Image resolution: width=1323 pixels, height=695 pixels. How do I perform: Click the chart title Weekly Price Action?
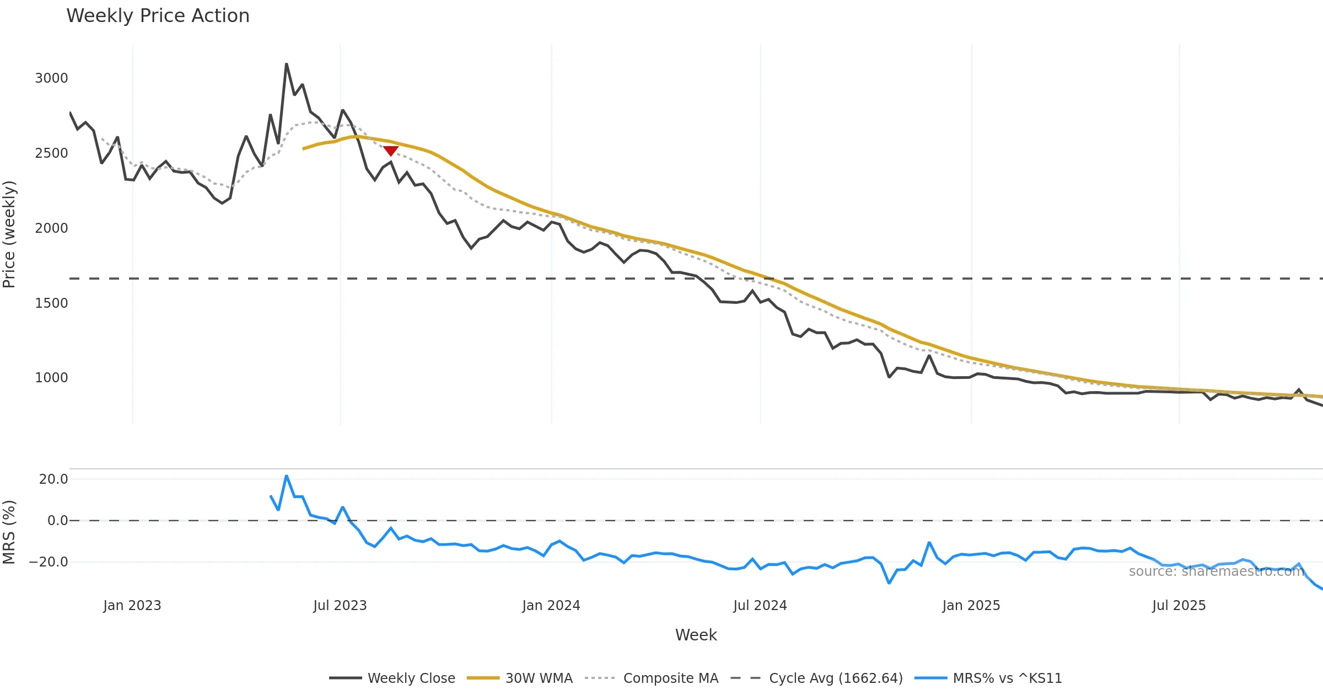[158, 16]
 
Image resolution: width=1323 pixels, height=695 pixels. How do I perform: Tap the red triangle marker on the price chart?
[391, 151]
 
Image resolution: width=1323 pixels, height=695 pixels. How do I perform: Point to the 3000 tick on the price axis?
[51, 78]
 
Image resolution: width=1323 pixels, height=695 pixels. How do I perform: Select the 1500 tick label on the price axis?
[51, 303]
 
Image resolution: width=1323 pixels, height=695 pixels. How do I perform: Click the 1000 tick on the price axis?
[51, 378]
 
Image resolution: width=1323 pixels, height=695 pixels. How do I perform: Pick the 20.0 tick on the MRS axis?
[53, 479]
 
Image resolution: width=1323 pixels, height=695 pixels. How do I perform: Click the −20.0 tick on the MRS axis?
[49, 562]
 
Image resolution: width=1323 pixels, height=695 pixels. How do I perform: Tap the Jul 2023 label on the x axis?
[340, 606]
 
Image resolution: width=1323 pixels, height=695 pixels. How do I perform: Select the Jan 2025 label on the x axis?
[971, 606]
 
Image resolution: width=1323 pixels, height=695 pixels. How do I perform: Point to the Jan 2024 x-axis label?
[551, 606]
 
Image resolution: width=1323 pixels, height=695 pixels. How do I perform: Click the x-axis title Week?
[696, 635]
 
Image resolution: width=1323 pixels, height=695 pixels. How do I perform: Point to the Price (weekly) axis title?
[9, 234]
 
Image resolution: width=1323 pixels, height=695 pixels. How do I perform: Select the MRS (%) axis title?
[9, 532]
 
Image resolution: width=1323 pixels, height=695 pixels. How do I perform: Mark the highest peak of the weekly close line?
[287, 64]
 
